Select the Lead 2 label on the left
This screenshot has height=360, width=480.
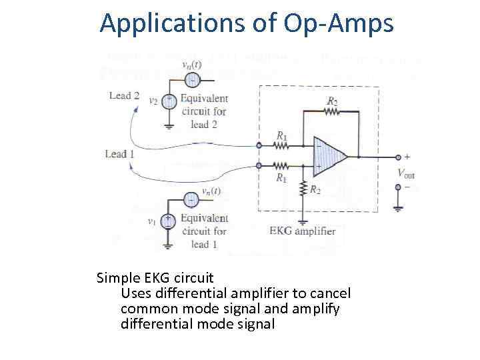click(124, 95)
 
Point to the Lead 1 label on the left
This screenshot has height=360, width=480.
click(120, 154)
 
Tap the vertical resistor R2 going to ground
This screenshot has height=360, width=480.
click(304, 189)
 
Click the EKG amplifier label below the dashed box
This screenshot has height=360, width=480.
click(303, 231)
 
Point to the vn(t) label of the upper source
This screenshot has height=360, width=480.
click(193, 65)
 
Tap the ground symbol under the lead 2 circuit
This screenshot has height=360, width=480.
click(169, 126)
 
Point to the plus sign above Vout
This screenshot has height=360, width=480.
click(407, 157)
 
